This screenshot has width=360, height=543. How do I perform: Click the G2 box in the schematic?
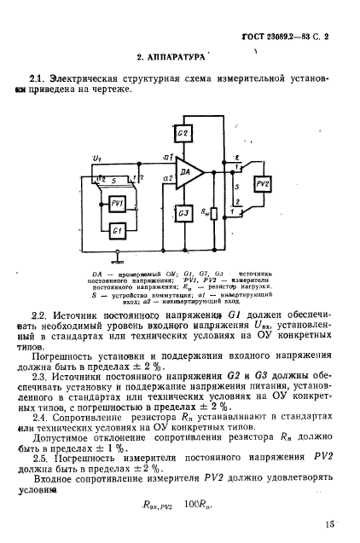point(183,135)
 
